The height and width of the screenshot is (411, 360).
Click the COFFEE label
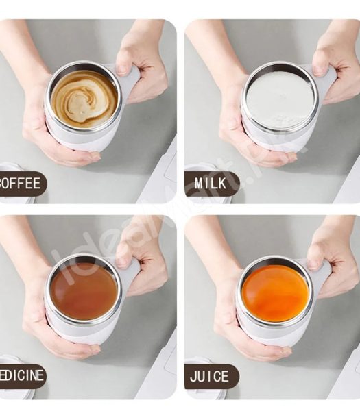[22, 184]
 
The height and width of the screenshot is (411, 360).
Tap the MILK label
[211, 184]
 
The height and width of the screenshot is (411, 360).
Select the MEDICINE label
[23, 375]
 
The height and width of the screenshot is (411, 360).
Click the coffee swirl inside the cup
[84, 99]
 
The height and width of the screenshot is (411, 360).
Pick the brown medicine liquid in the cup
[84, 290]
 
